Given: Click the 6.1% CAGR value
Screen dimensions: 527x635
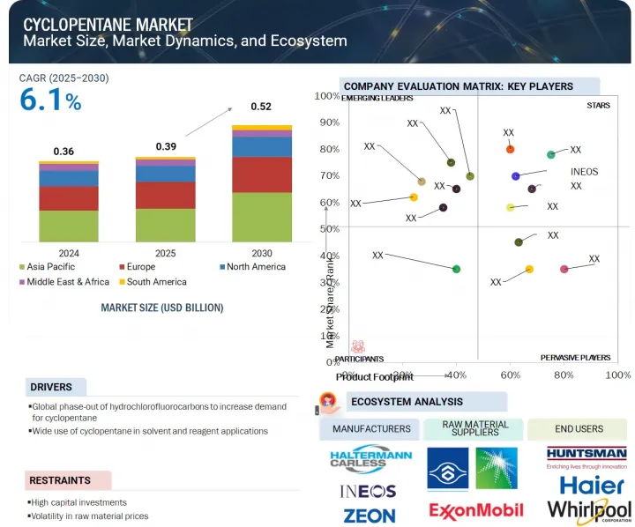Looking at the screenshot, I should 50,101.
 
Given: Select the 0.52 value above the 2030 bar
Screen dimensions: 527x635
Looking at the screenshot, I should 261,107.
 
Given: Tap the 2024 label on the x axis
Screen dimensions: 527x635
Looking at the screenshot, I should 68,251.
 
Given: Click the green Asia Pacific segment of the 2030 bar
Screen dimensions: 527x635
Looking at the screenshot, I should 261,217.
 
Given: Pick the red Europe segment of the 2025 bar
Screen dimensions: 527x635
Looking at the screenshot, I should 165,195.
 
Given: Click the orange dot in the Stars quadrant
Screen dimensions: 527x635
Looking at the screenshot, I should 510,149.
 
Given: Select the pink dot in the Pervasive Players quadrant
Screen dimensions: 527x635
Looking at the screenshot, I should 564,269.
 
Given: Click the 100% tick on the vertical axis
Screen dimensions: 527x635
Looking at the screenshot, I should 327,96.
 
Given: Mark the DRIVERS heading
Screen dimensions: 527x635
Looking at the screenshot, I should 51,387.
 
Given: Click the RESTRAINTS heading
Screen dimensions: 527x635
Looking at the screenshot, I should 60,480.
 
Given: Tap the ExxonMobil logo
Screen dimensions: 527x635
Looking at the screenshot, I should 476,510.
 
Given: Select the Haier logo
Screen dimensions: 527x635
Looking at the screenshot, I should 592,485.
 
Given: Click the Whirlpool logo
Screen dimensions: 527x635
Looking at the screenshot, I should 589,510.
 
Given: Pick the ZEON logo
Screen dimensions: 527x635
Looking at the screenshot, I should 369,514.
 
